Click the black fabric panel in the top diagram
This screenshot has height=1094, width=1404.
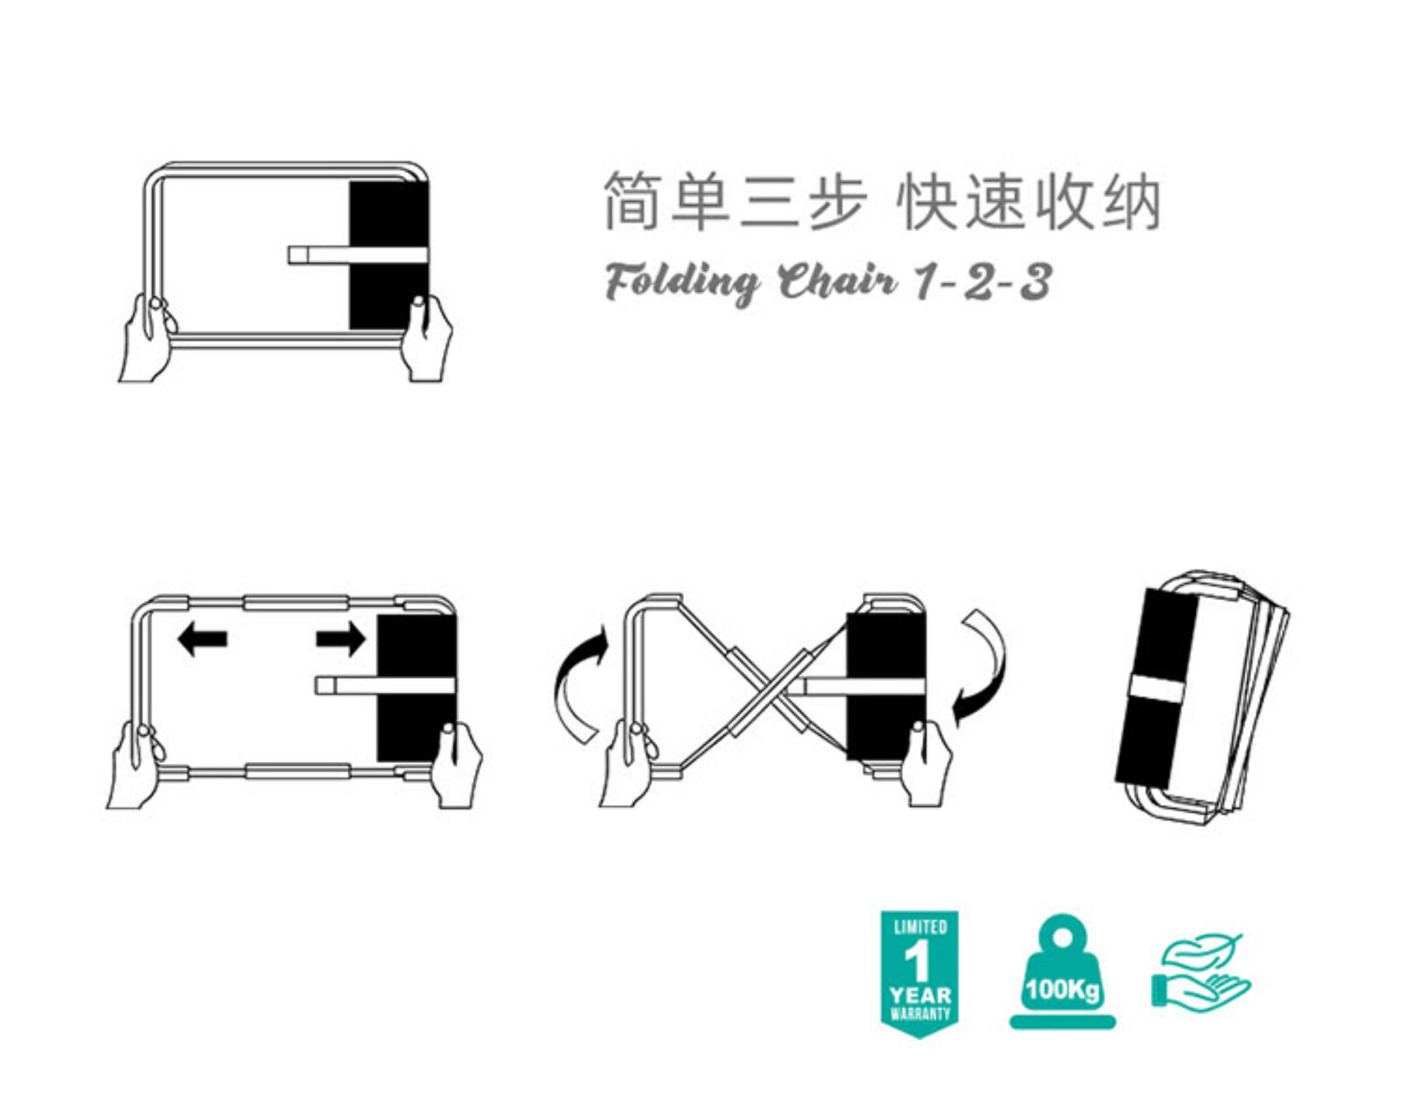pyautogui.click(x=388, y=212)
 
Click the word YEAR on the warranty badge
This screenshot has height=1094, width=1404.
pyautogui.click(x=920, y=995)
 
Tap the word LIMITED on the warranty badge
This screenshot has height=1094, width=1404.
pyautogui.click(x=920, y=927)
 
